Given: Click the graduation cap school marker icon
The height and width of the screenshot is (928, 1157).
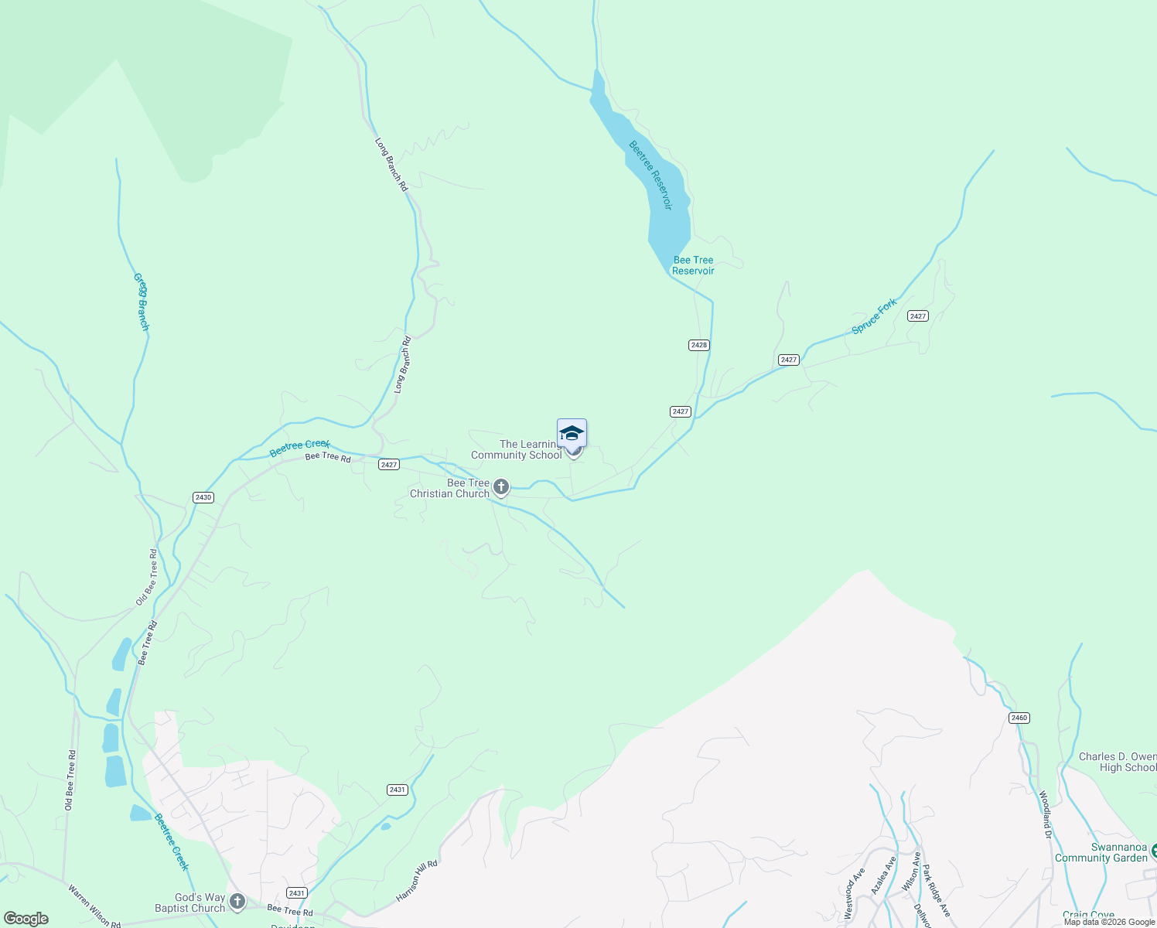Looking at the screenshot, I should click(572, 433).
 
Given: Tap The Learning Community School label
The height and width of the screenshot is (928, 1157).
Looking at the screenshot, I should click(517, 450).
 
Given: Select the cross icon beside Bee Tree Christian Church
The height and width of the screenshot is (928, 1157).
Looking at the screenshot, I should click(501, 487).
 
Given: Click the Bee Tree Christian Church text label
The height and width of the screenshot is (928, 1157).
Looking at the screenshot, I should click(449, 489).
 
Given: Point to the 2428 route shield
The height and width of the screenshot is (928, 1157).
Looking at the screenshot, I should click(698, 345).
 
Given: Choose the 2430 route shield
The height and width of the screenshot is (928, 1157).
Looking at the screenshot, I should click(203, 497).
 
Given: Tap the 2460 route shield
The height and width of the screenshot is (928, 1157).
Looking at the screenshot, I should click(1019, 718).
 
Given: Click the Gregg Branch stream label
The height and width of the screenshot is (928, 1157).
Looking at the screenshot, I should click(141, 302).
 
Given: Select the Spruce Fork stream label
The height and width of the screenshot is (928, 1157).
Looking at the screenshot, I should click(874, 316).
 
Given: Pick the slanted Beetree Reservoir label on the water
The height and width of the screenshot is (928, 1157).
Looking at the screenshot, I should click(650, 175).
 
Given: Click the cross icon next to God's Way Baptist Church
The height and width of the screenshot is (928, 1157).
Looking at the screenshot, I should click(237, 902).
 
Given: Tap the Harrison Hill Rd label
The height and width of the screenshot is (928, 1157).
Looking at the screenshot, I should click(417, 881).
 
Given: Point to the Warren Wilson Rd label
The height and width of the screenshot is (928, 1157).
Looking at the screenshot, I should click(94, 906).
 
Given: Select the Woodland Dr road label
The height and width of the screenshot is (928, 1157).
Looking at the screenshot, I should click(1045, 814).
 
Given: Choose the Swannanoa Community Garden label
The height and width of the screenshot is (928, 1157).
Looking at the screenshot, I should click(1101, 852).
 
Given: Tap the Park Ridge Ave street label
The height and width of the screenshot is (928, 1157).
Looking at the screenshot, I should click(936, 890).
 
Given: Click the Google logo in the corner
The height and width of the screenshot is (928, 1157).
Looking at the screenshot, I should click(26, 919).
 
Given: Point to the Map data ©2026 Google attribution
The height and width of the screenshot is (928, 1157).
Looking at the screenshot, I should click(1109, 922).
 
